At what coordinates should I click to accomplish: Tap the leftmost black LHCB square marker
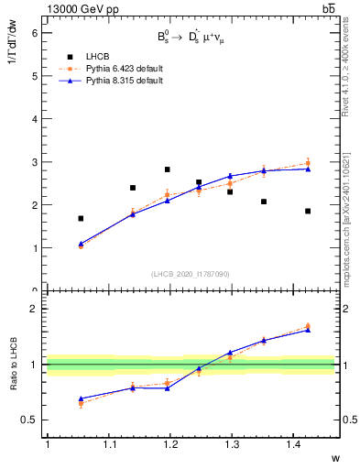click(x=81, y=218)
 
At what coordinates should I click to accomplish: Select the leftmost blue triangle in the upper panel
click(x=81, y=244)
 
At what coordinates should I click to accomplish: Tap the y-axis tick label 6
click(x=36, y=32)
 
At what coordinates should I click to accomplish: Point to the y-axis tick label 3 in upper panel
click(x=36, y=162)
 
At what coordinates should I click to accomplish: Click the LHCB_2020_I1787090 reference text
click(x=191, y=274)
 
